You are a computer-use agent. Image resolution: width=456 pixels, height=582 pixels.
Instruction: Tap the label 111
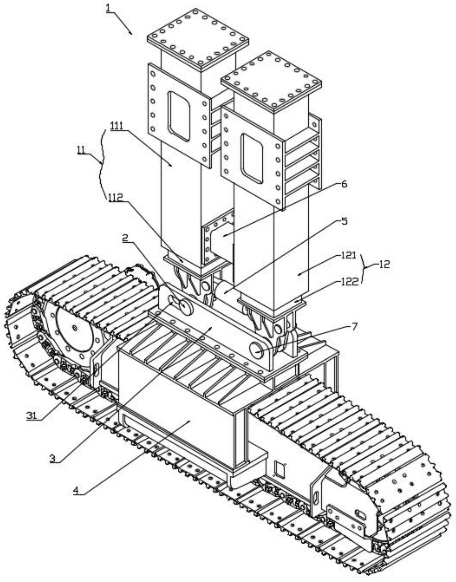(x=118, y=126)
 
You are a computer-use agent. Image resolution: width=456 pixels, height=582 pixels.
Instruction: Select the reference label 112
(x=116, y=198)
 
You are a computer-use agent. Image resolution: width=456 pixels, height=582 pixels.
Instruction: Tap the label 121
(x=348, y=255)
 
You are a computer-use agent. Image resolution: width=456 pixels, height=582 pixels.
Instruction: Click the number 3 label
(x=52, y=459)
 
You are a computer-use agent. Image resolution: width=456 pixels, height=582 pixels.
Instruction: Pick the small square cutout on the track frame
(x=279, y=468)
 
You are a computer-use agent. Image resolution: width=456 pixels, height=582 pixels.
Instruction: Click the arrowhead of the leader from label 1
(x=132, y=34)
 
